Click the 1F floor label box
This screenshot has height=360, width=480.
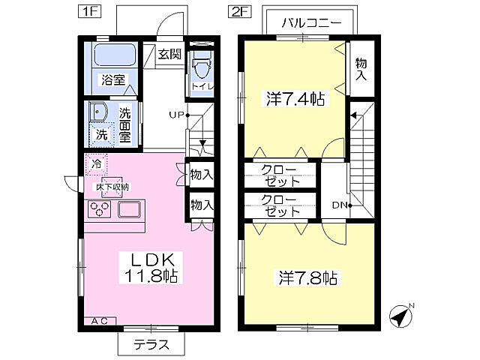click(x=88, y=12)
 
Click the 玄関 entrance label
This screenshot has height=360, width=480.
click(x=169, y=54)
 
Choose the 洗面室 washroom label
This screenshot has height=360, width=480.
click(x=125, y=126)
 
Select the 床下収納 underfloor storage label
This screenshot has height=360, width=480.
click(x=111, y=187)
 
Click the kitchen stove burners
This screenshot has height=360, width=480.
click(x=100, y=209)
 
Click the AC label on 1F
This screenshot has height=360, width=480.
click(x=100, y=321)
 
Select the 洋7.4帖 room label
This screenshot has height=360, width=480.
click(x=295, y=98)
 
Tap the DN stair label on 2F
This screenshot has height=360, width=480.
click(x=339, y=204)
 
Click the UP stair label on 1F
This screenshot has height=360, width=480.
click(x=177, y=115)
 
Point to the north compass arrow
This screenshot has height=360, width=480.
click(x=403, y=316)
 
